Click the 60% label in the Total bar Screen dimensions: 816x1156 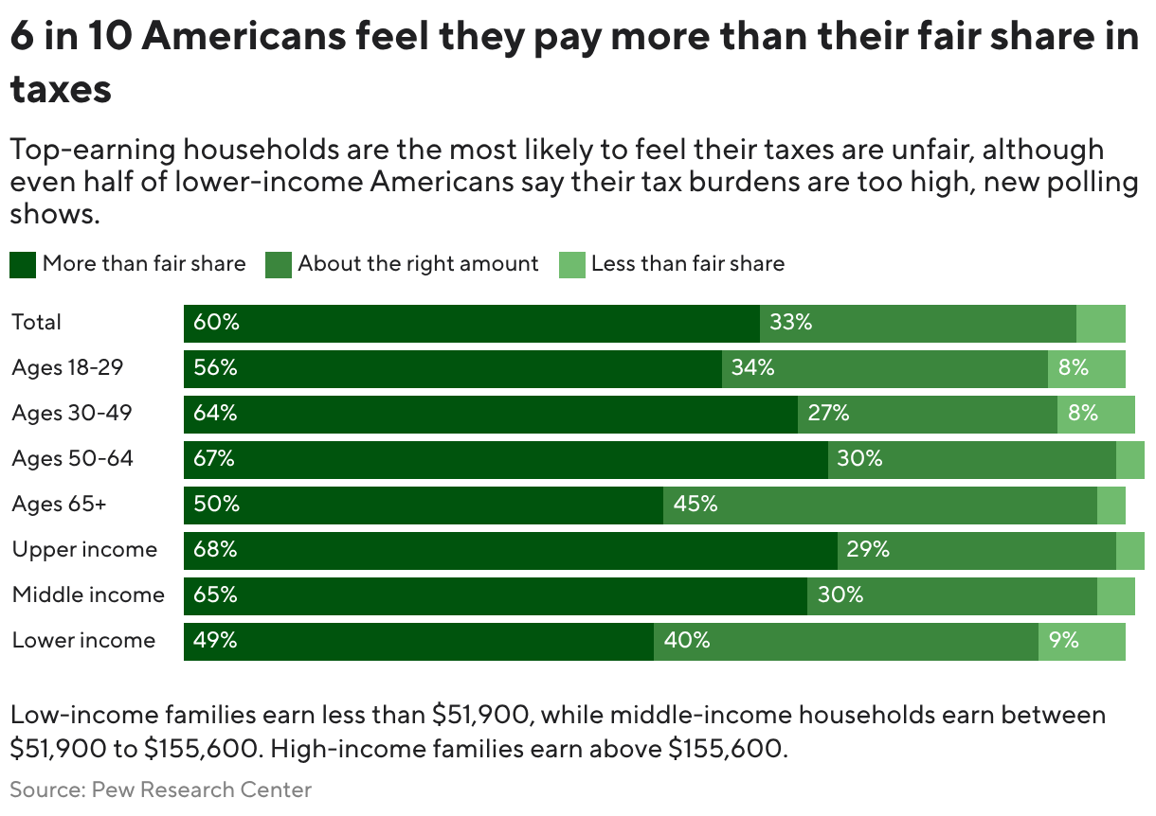216,323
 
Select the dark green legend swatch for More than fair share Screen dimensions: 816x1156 24,264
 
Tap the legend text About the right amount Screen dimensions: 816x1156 418,264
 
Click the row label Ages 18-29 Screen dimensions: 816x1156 67,368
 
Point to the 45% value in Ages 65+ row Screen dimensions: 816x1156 695,505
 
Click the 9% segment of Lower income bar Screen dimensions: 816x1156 1063,641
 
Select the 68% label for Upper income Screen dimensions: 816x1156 215,550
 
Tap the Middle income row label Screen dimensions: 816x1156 88,595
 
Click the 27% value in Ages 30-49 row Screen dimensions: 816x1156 828,414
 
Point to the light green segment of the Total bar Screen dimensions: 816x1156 1100,323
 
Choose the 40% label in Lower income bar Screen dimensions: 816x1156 687,641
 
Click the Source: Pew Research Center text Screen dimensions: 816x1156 161,789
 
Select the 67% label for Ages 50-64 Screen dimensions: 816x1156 214,459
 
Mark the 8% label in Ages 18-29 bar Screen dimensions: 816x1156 1073,368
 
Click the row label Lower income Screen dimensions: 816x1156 83,641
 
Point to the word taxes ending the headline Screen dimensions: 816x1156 62,90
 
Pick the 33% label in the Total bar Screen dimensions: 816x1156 791,323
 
